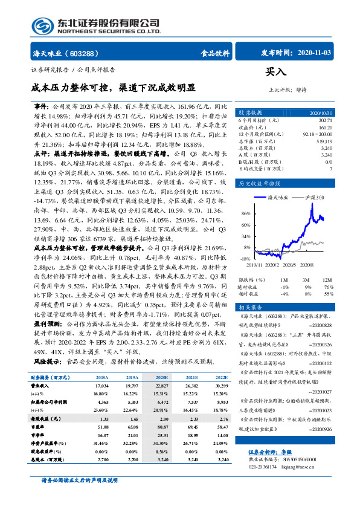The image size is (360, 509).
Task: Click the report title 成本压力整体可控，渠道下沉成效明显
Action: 114,87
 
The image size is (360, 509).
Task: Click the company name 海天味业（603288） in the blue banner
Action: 65,53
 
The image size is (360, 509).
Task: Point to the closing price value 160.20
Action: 325,128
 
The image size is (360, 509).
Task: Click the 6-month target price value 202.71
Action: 325,120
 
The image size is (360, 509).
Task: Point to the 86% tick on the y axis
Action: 245,197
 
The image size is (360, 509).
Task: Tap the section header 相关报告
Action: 251,307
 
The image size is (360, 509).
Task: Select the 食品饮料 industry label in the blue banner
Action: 215,53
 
